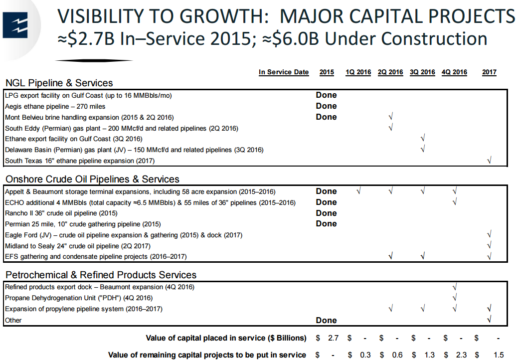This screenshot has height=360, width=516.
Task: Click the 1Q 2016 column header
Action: tap(358, 72)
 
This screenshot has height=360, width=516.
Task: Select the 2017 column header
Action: tap(489, 72)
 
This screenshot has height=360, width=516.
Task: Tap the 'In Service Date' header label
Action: tap(284, 72)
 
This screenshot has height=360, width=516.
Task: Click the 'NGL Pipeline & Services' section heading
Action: tap(59, 83)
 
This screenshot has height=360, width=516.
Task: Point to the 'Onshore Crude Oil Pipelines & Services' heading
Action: tap(92, 179)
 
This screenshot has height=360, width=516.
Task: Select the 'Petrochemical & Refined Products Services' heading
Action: tap(101, 275)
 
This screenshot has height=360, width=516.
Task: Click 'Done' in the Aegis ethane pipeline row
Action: tap(326, 106)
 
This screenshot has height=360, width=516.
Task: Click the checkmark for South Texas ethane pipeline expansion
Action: tap(489, 161)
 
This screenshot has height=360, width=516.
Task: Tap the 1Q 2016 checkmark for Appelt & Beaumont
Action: tap(358, 191)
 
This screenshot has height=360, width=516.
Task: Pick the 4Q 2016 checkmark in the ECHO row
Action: tap(454, 202)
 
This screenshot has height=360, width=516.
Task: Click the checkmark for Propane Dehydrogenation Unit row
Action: tap(454, 298)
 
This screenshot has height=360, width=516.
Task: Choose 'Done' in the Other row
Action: tap(326, 320)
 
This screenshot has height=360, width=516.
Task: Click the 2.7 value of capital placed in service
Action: tap(333, 338)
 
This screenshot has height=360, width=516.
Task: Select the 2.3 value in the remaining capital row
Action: tap(461, 355)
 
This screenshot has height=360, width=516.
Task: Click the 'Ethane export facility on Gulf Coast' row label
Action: tap(73, 139)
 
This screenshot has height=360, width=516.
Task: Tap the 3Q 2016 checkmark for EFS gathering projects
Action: tap(422, 257)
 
